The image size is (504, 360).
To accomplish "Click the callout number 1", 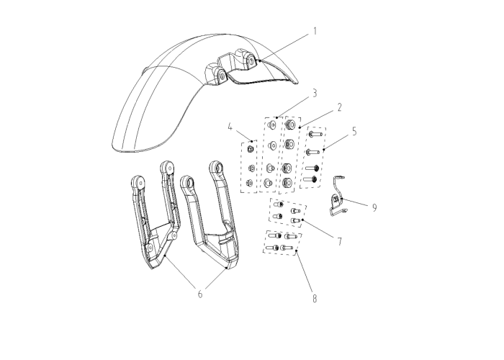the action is (x=315, y=31).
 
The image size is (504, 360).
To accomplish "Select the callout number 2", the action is (x=339, y=107).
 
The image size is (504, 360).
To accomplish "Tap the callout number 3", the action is (x=315, y=93).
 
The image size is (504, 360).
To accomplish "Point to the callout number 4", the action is (x=230, y=127).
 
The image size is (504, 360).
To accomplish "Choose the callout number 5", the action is (x=354, y=132).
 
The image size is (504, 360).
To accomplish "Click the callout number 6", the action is (x=200, y=294).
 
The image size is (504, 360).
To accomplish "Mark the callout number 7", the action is (x=340, y=241).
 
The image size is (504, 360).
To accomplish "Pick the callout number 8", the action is (x=315, y=299).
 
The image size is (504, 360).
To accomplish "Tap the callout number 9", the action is (x=374, y=207).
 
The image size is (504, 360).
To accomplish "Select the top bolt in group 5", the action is (x=315, y=134).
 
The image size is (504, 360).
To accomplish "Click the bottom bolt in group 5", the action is (x=310, y=179).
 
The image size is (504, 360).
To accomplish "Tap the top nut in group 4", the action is (x=250, y=148).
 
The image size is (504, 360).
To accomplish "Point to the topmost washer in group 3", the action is (x=272, y=125).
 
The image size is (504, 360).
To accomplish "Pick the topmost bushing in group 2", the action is (x=289, y=124).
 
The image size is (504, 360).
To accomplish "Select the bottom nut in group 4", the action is (x=249, y=183).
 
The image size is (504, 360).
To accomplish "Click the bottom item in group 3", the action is (x=268, y=183).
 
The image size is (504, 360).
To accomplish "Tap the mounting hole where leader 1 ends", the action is (x=250, y=60).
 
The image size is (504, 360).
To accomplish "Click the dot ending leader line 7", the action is (x=303, y=220).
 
